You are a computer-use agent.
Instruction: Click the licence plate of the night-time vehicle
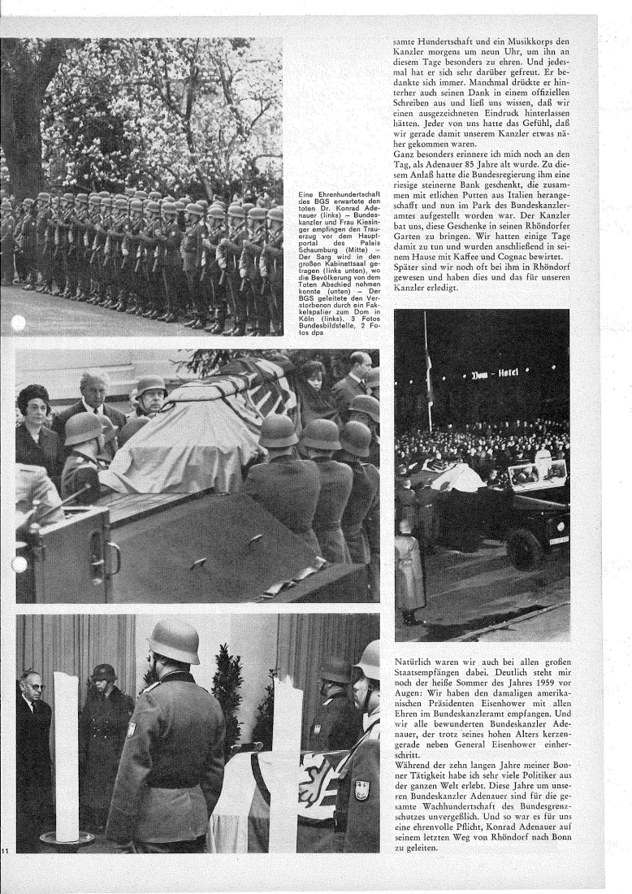coord(559,539)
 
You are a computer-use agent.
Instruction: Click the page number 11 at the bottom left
coord(5,850)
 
